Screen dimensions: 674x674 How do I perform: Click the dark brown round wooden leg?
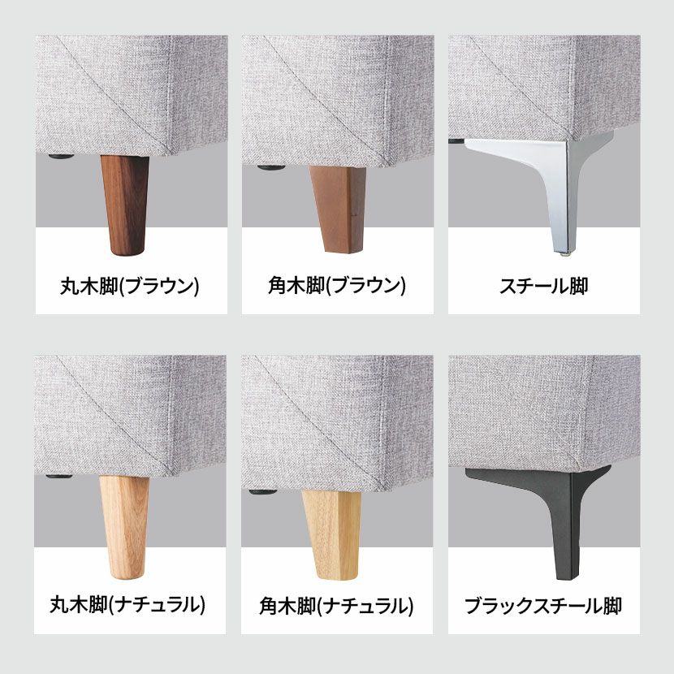pyautogui.click(x=125, y=204)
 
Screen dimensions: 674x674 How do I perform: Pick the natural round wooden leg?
pyautogui.click(x=125, y=526)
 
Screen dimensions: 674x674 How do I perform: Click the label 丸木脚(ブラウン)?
pyautogui.click(x=130, y=286)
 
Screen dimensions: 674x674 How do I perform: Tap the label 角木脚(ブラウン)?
pyautogui.click(x=336, y=286)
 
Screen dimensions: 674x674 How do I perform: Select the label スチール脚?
pyautogui.click(x=544, y=286)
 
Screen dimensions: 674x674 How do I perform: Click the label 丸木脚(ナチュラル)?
pyautogui.click(x=127, y=605)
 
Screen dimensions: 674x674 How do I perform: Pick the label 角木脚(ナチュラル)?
pyautogui.click(x=336, y=606)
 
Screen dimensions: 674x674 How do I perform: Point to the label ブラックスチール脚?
pyautogui.click(x=543, y=606)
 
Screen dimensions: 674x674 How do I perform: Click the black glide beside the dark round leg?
pyautogui.click(x=61, y=157)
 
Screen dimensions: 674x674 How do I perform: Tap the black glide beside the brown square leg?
pyautogui.click(x=270, y=167)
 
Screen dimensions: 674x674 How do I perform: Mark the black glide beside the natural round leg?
pyautogui.click(x=59, y=477)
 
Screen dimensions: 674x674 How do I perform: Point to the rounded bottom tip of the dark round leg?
pyautogui.click(x=127, y=254)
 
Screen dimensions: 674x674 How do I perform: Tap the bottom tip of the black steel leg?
pyautogui.click(x=568, y=578)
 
